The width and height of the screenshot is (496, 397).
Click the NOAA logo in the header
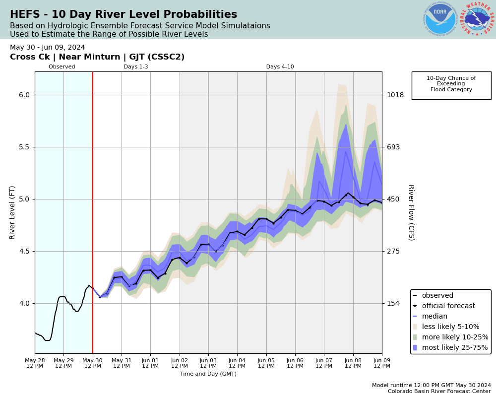click(440, 19)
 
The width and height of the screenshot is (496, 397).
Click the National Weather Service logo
click(477, 19)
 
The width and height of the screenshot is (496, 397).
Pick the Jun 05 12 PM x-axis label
click(266, 363)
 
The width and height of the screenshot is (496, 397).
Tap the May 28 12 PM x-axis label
click(35, 363)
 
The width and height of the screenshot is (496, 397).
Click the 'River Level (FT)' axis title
click(12, 212)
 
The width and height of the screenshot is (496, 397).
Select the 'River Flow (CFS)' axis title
click(411, 212)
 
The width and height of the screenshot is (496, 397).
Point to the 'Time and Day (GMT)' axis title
click(208, 374)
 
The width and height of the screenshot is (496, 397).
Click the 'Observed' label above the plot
click(62, 67)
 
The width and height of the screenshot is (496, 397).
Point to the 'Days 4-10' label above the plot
click(280, 67)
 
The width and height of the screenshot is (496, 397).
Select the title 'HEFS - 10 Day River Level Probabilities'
click(124, 15)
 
